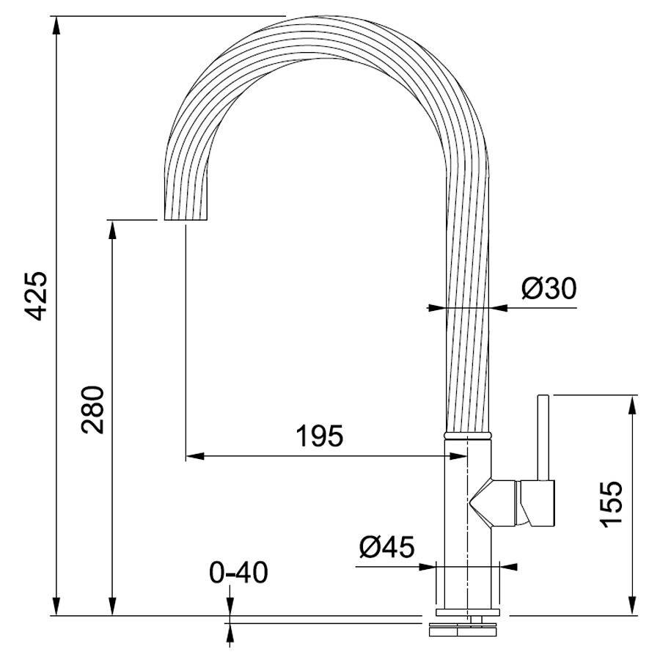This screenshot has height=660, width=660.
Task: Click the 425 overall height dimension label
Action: click(36, 296)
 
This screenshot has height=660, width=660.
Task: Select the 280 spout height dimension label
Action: click(92, 409)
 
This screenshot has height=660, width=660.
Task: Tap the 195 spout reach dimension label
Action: click(320, 436)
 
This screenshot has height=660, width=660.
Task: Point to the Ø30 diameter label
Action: click(549, 289)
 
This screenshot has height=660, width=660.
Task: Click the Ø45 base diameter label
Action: click(386, 547)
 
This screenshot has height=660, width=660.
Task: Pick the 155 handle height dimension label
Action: click(611, 504)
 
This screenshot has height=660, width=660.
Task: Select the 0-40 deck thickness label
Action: click(238, 573)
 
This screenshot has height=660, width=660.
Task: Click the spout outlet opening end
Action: click(186, 219)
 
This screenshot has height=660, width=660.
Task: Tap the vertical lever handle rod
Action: click(543, 438)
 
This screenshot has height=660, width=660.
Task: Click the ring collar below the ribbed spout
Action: click(468, 435)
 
